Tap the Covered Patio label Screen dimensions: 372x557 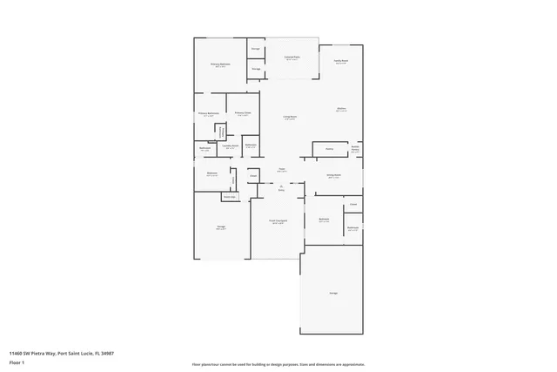(292, 57)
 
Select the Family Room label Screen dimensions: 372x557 (341, 62)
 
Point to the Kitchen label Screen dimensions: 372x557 (342, 109)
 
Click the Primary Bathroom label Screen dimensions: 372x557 (206, 113)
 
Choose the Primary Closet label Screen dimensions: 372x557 (244, 113)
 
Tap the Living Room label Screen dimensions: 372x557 (290, 118)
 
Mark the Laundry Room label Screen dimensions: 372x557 (232, 147)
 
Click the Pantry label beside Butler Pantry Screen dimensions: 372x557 (330, 150)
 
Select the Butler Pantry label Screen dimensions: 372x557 (355, 148)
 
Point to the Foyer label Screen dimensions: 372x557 (282, 169)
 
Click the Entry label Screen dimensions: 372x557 (281, 187)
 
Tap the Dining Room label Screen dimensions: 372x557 (333, 175)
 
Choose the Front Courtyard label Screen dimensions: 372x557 (276, 222)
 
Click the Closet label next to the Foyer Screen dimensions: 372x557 (253, 176)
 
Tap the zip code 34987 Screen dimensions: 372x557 (107, 353)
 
